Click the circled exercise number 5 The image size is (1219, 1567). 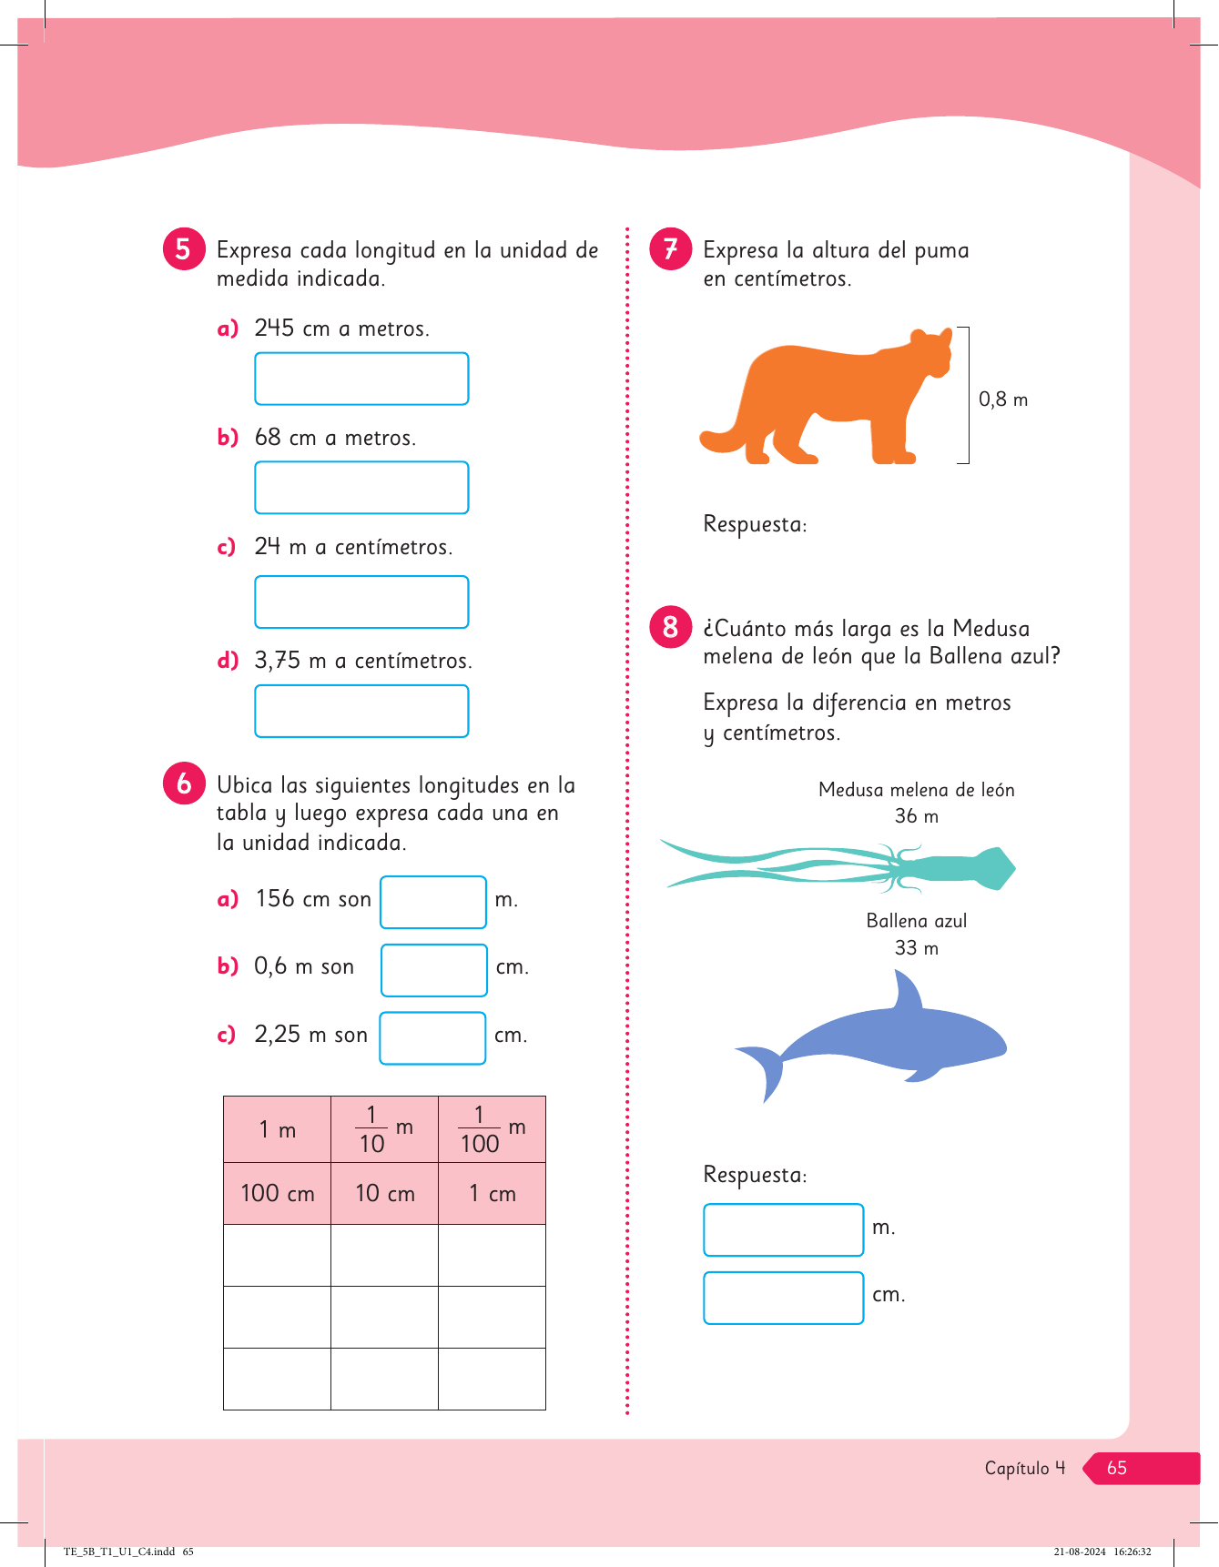(x=183, y=248)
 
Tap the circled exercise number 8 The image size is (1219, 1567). (x=671, y=627)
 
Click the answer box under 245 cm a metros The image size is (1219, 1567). (x=361, y=379)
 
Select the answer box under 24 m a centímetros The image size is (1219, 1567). (x=361, y=602)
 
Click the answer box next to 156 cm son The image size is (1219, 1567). (x=433, y=902)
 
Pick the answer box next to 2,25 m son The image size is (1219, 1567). (x=432, y=1037)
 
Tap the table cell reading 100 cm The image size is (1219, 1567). (x=277, y=1193)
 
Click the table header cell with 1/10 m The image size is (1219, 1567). (x=384, y=1129)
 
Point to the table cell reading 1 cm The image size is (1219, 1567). (x=492, y=1193)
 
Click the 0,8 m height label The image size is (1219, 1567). (x=1002, y=399)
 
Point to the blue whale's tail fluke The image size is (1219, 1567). (x=765, y=1069)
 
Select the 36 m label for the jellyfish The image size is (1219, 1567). (x=916, y=816)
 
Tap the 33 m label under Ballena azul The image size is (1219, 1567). (x=916, y=948)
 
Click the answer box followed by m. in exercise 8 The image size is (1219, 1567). (x=783, y=1229)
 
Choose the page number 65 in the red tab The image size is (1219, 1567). (x=1117, y=1468)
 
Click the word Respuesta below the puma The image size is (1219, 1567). (x=755, y=524)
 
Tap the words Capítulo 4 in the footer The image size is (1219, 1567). (x=1024, y=1468)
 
